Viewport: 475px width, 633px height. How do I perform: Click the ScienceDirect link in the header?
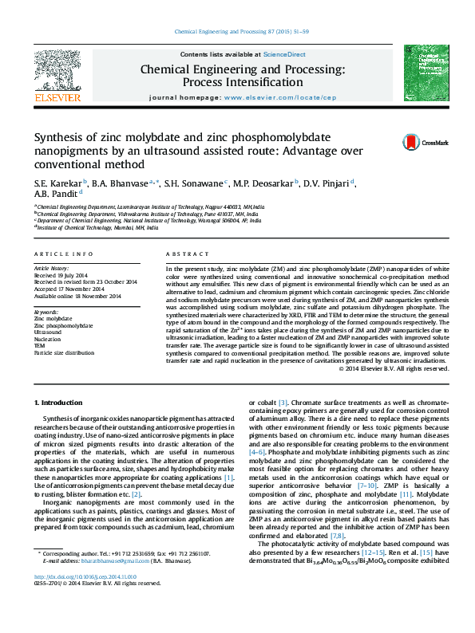point(285,54)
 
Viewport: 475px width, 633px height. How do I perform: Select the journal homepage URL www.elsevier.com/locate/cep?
point(291,97)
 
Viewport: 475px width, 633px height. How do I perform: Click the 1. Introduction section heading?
point(61,404)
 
